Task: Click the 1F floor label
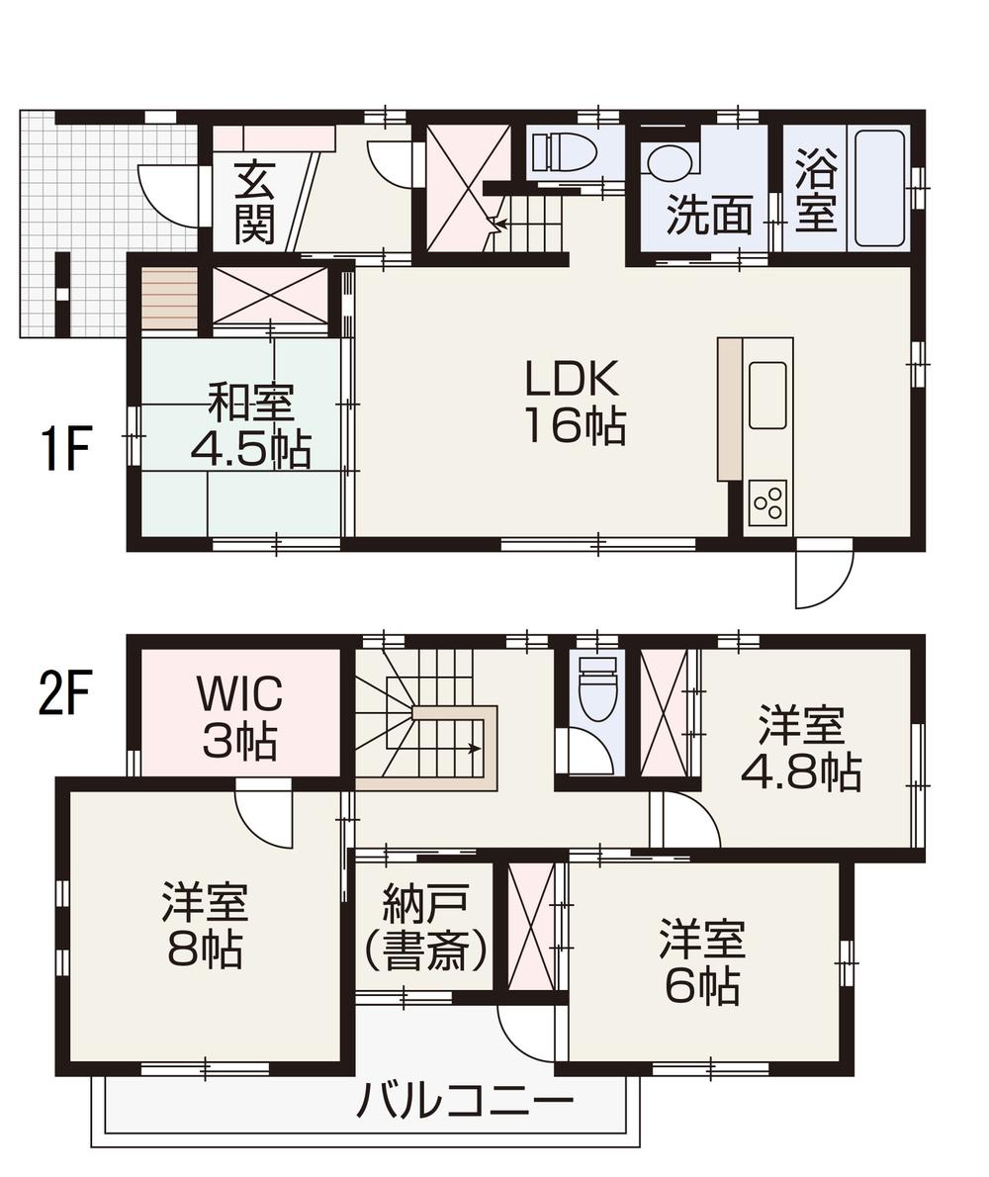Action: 66,452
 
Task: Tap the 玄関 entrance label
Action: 254,202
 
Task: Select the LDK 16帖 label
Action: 573,402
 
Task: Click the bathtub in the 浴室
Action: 878,188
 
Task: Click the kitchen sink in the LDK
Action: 767,394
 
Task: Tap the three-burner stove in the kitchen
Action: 767,503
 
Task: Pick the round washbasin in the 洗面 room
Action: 669,161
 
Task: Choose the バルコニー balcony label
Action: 465,1100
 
